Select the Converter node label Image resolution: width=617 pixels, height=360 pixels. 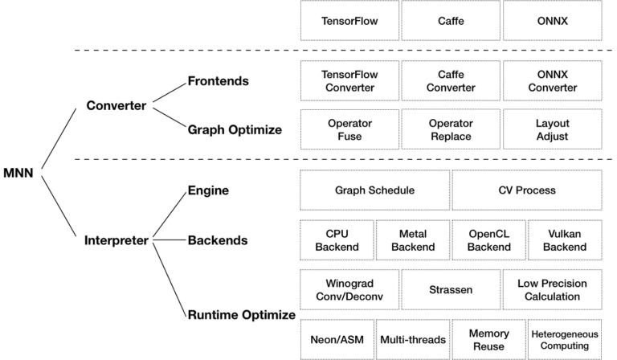pyautogui.click(x=116, y=105)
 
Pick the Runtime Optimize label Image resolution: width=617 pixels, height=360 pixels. pyautogui.click(x=241, y=315)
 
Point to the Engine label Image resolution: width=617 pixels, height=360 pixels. pyautogui.click(x=208, y=190)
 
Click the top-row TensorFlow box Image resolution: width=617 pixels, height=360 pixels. pyautogui.click(x=349, y=21)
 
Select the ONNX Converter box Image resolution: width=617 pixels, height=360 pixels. pyautogui.click(x=552, y=81)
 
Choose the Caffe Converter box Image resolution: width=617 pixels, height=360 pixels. pyautogui.click(x=451, y=81)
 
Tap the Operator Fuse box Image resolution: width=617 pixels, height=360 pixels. pyautogui.click(x=349, y=129)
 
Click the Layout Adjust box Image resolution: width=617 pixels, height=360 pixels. pyautogui.click(x=552, y=129)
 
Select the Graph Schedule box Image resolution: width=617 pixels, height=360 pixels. pyautogui.click(x=374, y=190)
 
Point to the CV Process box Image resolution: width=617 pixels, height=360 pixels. pyautogui.click(x=526, y=190)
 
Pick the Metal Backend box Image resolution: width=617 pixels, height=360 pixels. pyautogui.click(x=412, y=239)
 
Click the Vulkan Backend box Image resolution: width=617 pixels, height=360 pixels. pyautogui.click(x=564, y=239)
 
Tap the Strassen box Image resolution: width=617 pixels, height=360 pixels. pyautogui.click(x=451, y=289)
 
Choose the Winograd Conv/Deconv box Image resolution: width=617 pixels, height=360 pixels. pyautogui.click(x=349, y=289)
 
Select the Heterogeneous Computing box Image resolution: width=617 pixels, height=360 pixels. pyautogui.click(x=564, y=339)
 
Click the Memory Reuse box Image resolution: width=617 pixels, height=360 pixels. pyautogui.click(x=488, y=339)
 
